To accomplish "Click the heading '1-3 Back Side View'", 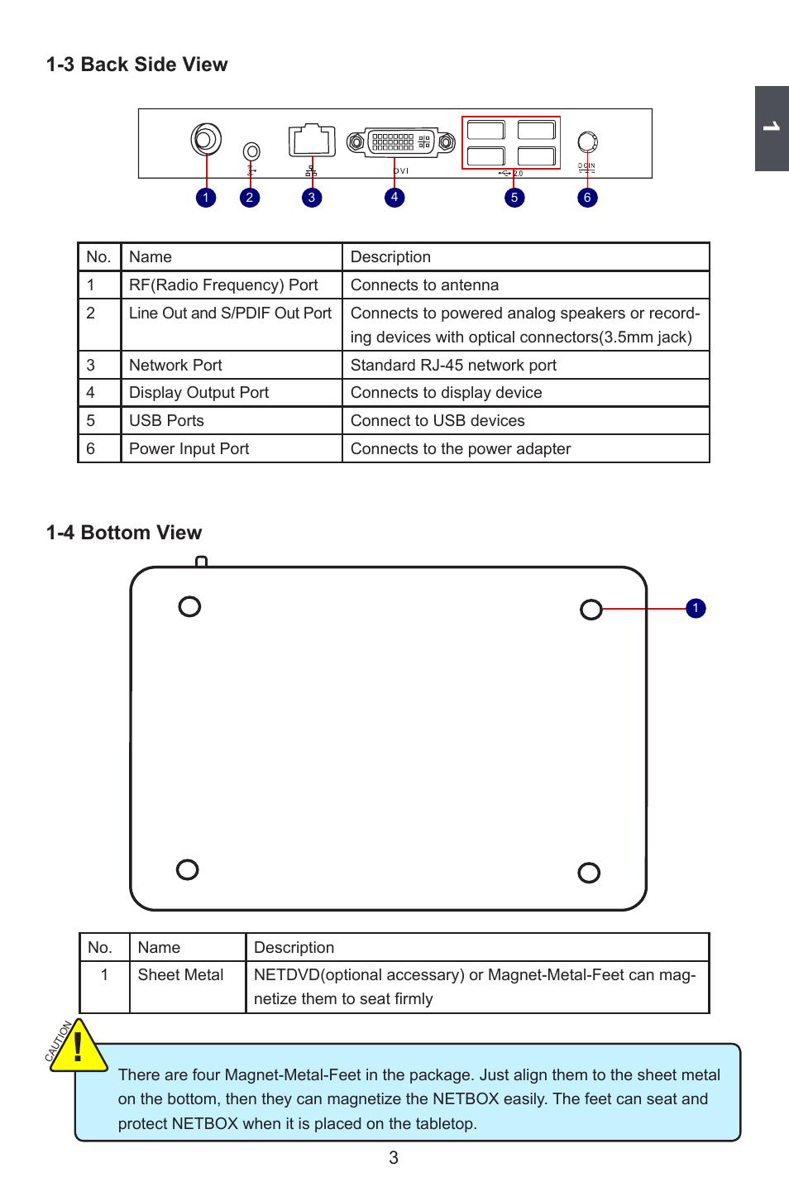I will coord(136,65).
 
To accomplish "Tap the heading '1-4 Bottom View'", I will coord(124,533).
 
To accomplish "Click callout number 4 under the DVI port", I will coord(394,197).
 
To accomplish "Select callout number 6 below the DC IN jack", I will coord(587,198).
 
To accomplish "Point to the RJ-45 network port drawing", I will coord(312,141).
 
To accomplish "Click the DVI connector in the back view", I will coord(401,142).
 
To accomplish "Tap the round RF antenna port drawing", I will coord(206,139).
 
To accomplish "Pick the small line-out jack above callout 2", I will coord(251,151).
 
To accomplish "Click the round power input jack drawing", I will coord(587,141).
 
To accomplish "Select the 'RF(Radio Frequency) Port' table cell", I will coord(223,285).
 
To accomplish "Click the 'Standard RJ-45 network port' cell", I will coord(453,366).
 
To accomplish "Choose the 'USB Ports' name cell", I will coord(166,421).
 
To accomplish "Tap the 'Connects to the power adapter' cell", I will coord(461,449).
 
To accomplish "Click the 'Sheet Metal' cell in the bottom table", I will coord(180,975).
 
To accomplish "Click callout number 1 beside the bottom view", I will coord(696,609).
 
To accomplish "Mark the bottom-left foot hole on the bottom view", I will coord(188,869).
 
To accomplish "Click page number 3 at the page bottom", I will coord(394,1158).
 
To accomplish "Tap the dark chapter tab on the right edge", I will coord(772,128).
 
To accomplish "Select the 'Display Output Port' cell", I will coord(198,393).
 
